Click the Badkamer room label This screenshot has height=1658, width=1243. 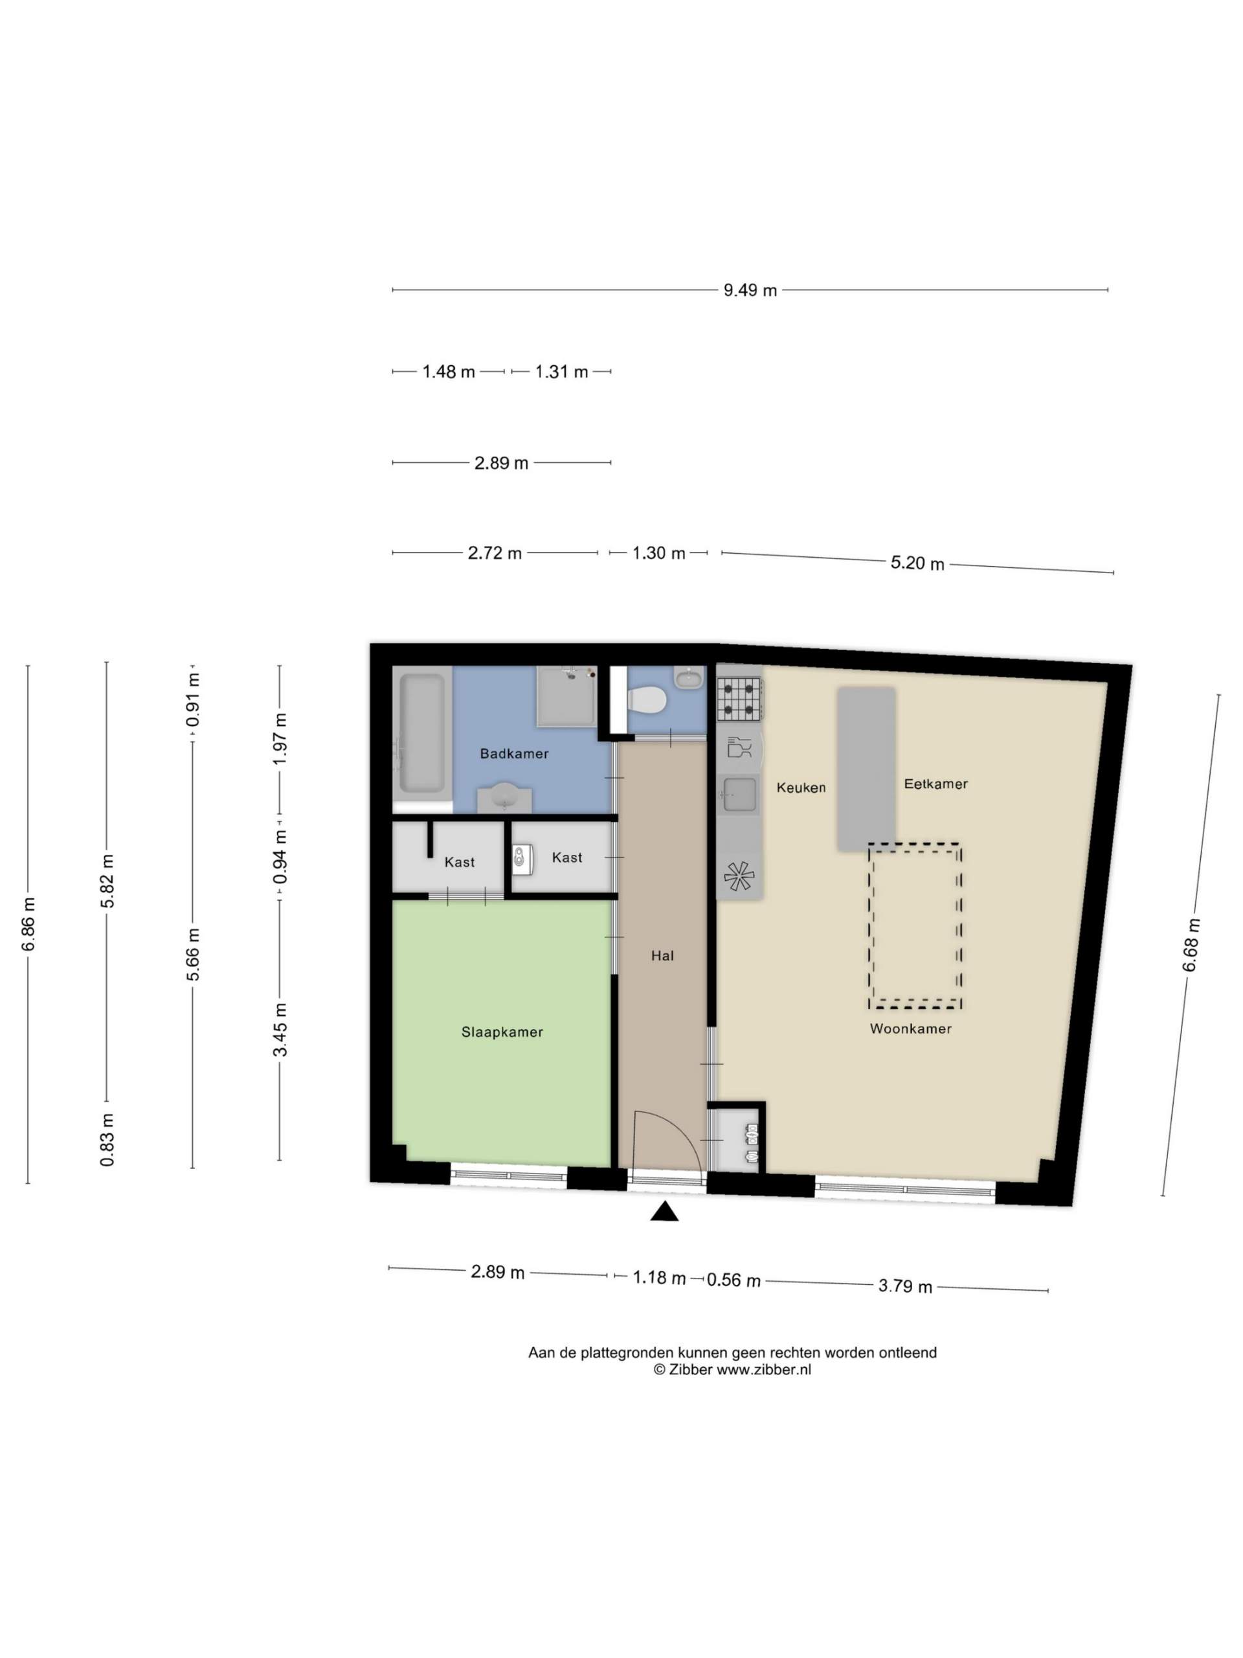coord(514,753)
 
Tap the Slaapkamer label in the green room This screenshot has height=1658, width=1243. coord(502,1032)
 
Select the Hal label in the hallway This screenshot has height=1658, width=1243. coord(662,956)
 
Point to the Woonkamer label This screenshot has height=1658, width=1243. coord(910,1028)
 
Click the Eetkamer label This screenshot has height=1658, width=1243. coord(935,784)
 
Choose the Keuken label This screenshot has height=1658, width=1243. coord(801,788)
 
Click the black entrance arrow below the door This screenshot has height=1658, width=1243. coord(664,1211)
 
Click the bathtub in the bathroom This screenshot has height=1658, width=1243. coord(422,733)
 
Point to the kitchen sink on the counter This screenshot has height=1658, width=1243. coord(739,795)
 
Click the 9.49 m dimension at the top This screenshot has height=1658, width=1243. coord(750,290)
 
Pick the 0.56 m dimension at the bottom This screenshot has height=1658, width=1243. coord(733,1281)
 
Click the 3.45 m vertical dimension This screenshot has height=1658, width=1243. coord(280,1029)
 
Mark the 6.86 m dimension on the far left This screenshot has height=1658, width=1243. coord(28,924)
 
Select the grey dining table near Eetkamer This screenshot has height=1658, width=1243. coord(866,769)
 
